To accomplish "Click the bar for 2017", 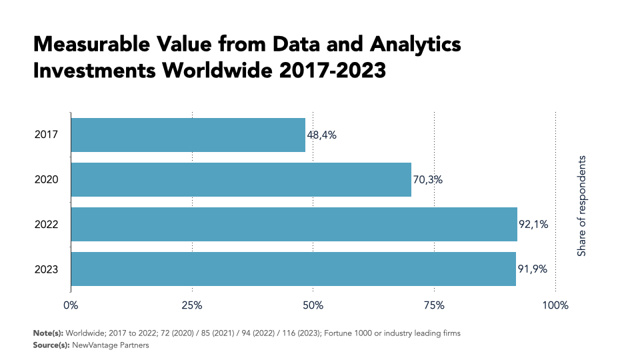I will coord(188,135).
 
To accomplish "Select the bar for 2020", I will coord(241,180).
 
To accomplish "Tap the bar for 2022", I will coord(294,225).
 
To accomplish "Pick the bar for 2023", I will coord(293,269).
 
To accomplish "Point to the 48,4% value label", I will coord(321,135).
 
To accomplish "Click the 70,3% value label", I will coord(427,180).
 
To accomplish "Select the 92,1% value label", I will coord(533,225).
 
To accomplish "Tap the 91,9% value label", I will coord(533,269).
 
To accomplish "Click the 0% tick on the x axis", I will coord(71,305).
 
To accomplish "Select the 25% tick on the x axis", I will coord(192,305).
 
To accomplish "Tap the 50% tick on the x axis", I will coord(313,305).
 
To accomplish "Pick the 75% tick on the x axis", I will coord(434,305).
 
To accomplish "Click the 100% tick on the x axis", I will coord(555,305).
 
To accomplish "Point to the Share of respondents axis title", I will coord(582,206).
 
